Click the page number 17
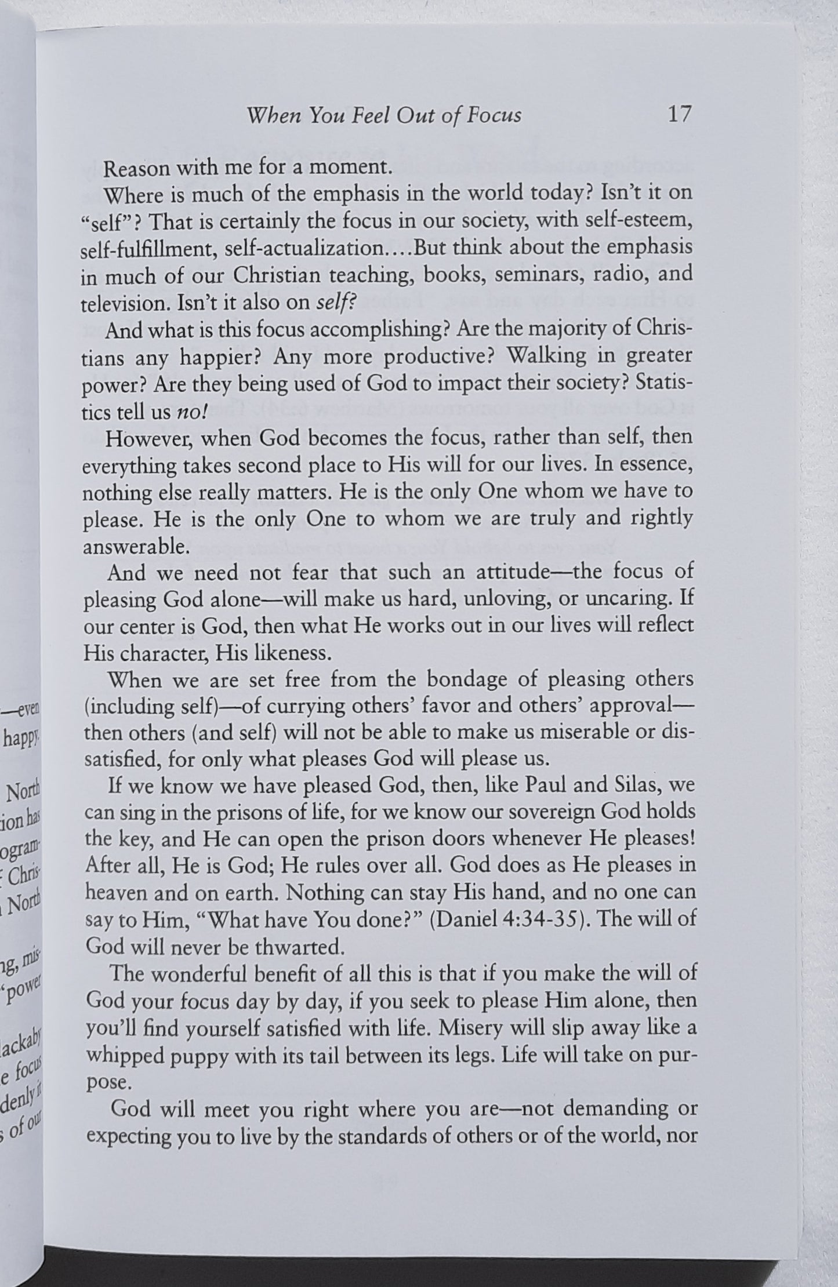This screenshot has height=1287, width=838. pos(679,114)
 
